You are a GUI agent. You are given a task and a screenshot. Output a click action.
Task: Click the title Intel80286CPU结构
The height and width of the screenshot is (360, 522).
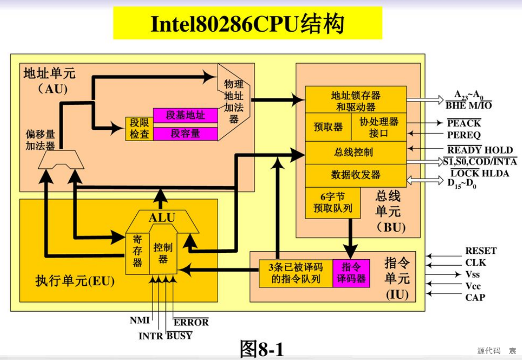click(x=247, y=24)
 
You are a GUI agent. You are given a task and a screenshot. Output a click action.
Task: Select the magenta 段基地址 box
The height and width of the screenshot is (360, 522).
click(x=185, y=115)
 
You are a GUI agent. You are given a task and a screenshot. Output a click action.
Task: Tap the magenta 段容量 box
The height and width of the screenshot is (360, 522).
click(x=185, y=134)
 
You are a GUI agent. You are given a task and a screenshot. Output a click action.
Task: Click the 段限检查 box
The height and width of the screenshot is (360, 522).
click(x=139, y=128)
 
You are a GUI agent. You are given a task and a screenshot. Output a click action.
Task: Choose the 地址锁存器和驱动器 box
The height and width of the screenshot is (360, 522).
click(x=356, y=101)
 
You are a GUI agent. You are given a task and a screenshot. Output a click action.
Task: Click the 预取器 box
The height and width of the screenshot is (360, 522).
click(x=328, y=127)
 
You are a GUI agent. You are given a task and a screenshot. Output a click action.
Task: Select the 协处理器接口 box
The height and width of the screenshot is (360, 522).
click(x=379, y=127)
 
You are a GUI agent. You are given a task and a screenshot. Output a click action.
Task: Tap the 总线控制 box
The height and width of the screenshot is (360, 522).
click(x=356, y=153)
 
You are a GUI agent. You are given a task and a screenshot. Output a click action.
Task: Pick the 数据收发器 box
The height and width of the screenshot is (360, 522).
click(x=356, y=175)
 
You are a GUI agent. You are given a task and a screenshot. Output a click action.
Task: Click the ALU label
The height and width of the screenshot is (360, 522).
click(x=161, y=218)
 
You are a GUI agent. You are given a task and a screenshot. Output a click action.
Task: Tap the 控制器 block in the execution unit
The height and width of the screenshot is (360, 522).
click(x=163, y=252)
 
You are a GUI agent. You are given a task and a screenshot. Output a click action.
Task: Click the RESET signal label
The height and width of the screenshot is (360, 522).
click(x=481, y=251)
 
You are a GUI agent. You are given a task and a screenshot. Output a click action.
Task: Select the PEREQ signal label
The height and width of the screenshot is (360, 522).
click(x=464, y=135)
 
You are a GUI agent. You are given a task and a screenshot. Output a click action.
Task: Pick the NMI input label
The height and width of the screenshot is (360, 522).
click(x=140, y=320)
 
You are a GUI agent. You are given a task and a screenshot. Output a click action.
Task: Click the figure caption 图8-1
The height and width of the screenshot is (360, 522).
click(x=262, y=349)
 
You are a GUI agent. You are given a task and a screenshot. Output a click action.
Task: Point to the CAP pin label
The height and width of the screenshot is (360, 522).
click(x=475, y=298)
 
